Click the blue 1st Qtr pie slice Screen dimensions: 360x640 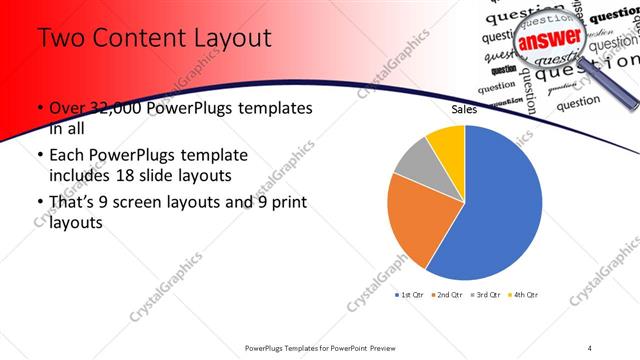point(500,205)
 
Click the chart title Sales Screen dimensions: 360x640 point(464,109)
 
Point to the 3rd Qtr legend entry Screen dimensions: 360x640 point(486,295)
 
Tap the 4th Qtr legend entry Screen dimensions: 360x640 point(523,295)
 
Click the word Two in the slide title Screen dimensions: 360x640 point(58,39)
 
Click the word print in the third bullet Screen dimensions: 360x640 point(285,204)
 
